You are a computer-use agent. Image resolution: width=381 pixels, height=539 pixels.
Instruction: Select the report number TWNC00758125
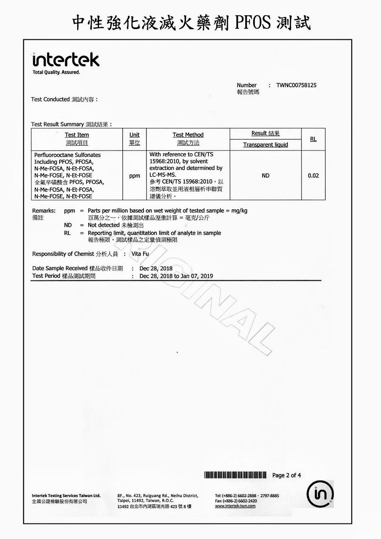coord(296,85)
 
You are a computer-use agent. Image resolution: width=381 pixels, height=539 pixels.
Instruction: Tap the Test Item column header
coord(77,135)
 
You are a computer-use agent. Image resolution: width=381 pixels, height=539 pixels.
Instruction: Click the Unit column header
coord(134,135)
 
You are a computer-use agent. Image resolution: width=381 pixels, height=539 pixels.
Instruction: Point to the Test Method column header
coord(188,135)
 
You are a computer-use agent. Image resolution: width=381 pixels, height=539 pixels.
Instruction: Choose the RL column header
coord(313,139)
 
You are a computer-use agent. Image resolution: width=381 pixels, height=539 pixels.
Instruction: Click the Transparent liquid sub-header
coord(265,145)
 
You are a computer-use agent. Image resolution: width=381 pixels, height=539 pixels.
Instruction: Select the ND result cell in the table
coord(265,176)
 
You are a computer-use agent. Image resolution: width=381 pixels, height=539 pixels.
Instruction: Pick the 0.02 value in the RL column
coord(313,176)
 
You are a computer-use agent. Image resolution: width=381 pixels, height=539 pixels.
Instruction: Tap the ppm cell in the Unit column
coord(134,176)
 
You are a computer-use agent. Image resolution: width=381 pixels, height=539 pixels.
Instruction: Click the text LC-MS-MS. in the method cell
coord(163,175)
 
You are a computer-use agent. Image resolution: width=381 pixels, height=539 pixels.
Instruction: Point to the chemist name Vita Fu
coord(140,254)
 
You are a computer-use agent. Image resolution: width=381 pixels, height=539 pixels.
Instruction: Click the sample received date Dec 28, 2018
coord(156,268)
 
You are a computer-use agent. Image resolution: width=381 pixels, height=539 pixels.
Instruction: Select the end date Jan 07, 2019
coord(197,276)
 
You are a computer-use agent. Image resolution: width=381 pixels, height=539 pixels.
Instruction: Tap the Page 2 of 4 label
coord(286,475)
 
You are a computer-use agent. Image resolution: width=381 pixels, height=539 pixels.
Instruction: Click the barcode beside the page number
coord(235,475)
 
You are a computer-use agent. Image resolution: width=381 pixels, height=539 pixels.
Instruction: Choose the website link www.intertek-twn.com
coord(235,506)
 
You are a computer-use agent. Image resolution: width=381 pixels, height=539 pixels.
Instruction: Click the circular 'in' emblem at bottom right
coord(320,494)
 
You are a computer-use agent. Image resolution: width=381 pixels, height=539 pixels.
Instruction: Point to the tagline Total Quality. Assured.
coord(56,72)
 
